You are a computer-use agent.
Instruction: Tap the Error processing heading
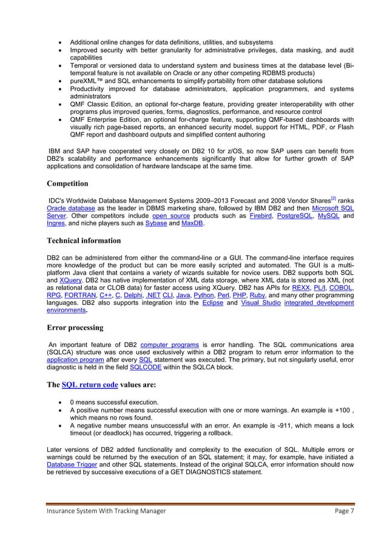(x=74, y=327)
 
